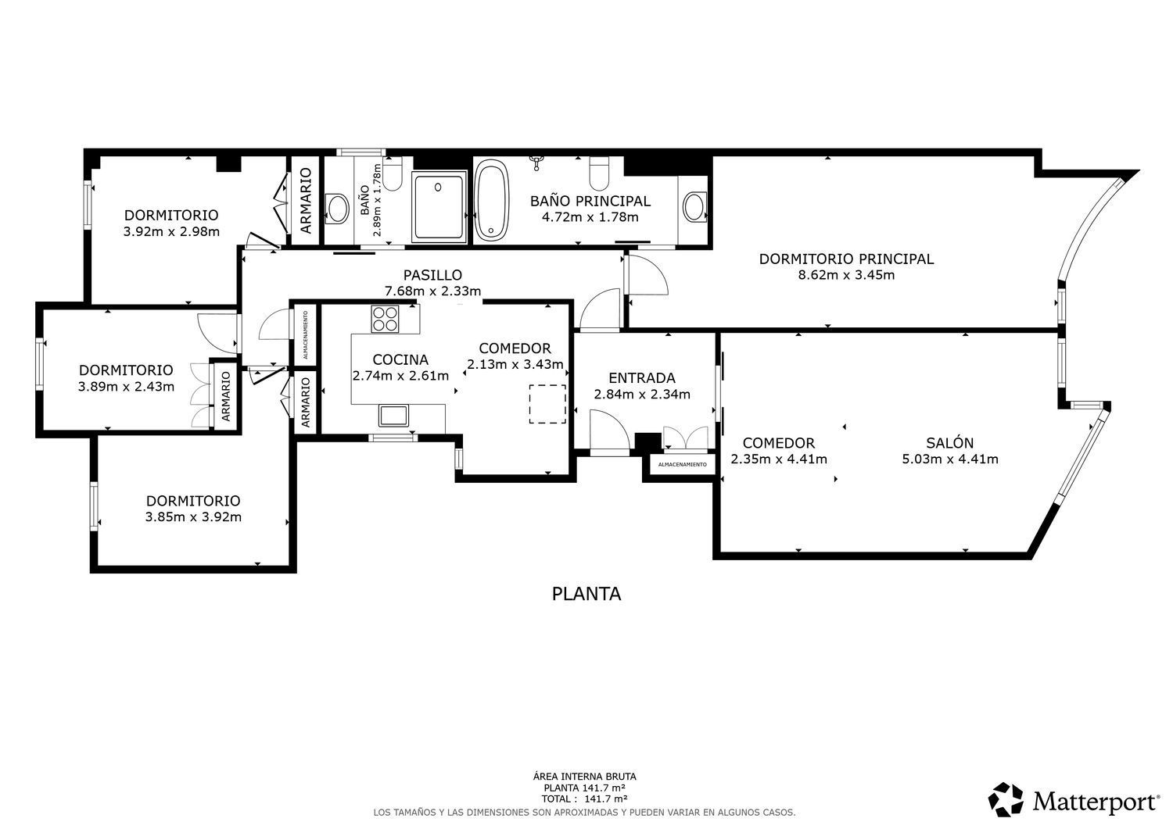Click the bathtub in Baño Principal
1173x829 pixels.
pos(492,201)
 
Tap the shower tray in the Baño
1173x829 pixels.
pos(439,207)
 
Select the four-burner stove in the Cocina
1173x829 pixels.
pos(385,319)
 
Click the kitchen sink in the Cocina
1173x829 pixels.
pos(393,416)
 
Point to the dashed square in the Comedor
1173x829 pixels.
pos(547,404)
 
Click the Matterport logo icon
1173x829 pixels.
pos(1006,799)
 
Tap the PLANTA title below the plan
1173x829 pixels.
pos(586,594)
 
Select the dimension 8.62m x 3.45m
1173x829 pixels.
pos(846,275)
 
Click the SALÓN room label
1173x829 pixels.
pos(950,443)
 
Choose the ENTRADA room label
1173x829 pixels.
pos(642,378)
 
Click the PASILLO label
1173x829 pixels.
pos(432,275)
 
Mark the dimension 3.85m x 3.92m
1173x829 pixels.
pos(193,517)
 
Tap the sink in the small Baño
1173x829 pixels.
pos(338,209)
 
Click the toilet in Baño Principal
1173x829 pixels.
pos(599,173)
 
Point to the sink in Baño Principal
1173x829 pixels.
pos(694,207)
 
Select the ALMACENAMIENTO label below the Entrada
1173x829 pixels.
pos(683,464)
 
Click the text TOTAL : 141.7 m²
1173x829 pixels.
pos(584,799)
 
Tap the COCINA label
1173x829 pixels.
pos(400,359)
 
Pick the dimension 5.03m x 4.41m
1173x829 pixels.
pos(950,459)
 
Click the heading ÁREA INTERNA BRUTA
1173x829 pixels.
pos(584,777)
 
